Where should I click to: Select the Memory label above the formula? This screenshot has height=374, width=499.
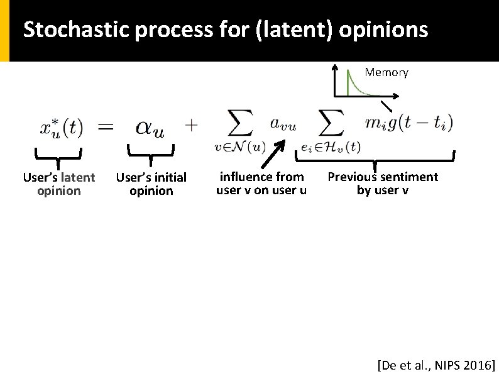pyautogui.click(x=387, y=72)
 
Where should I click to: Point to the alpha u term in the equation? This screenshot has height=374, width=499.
pyautogui.click(x=151, y=127)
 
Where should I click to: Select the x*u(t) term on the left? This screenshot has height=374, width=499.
pyautogui.click(x=61, y=128)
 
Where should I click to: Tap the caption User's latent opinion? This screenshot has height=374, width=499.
pyautogui.click(x=59, y=184)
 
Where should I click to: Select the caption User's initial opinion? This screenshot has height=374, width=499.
pyautogui.click(x=151, y=184)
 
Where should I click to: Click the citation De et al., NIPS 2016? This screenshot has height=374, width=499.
pyautogui.click(x=436, y=365)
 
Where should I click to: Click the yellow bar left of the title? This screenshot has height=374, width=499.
pyautogui.click(x=4, y=30)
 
